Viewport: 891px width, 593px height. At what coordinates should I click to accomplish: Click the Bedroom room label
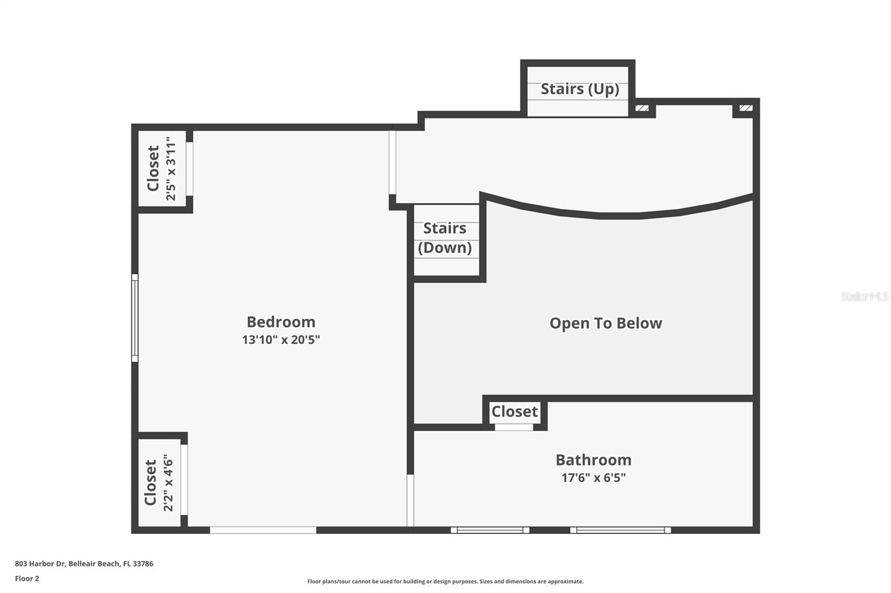(x=281, y=322)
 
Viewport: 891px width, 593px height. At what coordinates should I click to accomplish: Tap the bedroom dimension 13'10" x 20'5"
(x=281, y=340)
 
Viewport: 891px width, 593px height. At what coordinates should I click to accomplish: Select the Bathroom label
(x=593, y=460)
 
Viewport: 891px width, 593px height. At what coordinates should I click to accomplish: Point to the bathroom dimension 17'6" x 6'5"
(x=593, y=477)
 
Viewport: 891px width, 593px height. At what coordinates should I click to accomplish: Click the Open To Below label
(x=605, y=323)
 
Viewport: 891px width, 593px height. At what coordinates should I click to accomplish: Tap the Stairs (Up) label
(x=579, y=89)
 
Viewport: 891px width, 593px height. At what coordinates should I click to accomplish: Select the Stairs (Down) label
(x=445, y=238)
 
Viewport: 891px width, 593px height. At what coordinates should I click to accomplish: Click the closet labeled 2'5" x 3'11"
(x=161, y=169)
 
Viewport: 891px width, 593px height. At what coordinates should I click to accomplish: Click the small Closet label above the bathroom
(x=514, y=412)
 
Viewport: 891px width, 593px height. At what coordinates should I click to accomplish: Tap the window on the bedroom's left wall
(x=135, y=318)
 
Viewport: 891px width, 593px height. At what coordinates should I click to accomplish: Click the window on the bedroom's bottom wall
(x=263, y=530)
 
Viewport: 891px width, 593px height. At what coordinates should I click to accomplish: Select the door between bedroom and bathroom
(x=410, y=500)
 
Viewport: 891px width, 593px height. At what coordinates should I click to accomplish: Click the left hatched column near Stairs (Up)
(x=642, y=108)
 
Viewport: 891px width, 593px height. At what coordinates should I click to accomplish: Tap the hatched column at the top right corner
(x=746, y=108)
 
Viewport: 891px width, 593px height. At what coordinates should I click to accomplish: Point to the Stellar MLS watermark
(x=864, y=296)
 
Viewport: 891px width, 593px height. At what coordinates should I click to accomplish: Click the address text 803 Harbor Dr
(x=84, y=564)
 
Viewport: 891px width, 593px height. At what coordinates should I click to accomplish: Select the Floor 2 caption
(x=27, y=579)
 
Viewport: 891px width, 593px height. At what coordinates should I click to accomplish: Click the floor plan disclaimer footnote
(x=445, y=581)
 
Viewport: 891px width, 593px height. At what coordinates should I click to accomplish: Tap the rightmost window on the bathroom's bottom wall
(x=620, y=530)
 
